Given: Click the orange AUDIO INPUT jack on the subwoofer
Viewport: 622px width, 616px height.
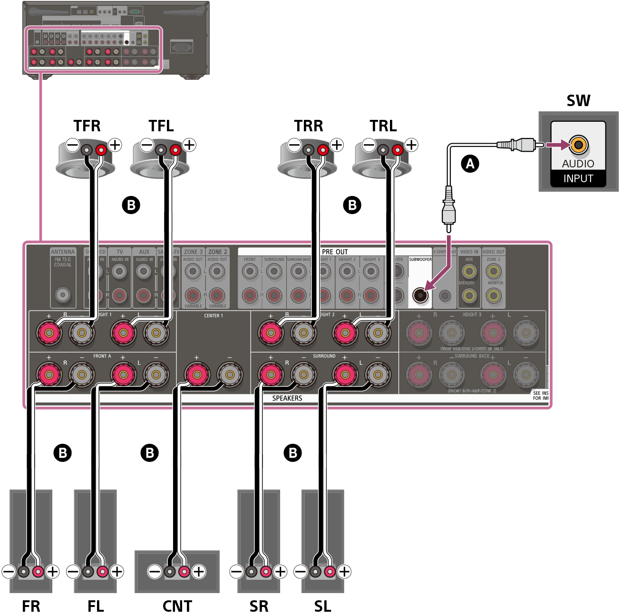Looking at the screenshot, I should (x=578, y=145).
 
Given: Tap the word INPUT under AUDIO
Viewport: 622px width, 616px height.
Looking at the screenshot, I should (x=578, y=179).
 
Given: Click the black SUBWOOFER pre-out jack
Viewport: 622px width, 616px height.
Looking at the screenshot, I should (x=420, y=295).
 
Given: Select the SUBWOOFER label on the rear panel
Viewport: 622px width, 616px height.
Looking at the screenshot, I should (x=420, y=259).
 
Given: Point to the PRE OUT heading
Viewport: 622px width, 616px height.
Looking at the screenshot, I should (x=335, y=252).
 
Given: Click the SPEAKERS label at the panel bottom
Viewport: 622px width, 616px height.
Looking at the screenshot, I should (x=287, y=398).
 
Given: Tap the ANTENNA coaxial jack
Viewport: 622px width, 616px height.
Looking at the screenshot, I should (x=63, y=295).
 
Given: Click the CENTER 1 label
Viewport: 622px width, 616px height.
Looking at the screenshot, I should (x=214, y=315).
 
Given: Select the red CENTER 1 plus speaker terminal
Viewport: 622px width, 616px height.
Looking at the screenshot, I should (x=196, y=374).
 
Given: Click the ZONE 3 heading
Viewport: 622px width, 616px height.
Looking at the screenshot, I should (x=193, y=252).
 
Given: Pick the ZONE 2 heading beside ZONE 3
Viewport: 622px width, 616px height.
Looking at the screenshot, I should (x=218, y=252).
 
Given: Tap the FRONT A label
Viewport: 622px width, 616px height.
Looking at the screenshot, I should (x=102, y=356).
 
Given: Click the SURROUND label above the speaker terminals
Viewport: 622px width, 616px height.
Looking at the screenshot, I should (x=324, y=356).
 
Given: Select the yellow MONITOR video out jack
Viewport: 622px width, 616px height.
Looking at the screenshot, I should (x=494, y=295).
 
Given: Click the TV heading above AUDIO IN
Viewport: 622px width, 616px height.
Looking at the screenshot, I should (x=120, y=252).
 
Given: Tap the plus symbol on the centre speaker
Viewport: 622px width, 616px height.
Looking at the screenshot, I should (x=198, y=571).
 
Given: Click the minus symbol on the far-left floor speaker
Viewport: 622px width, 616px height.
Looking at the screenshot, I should (x=9, y=571).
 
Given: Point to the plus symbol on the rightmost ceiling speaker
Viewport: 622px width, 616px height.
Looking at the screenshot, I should (x=411, y=145).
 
